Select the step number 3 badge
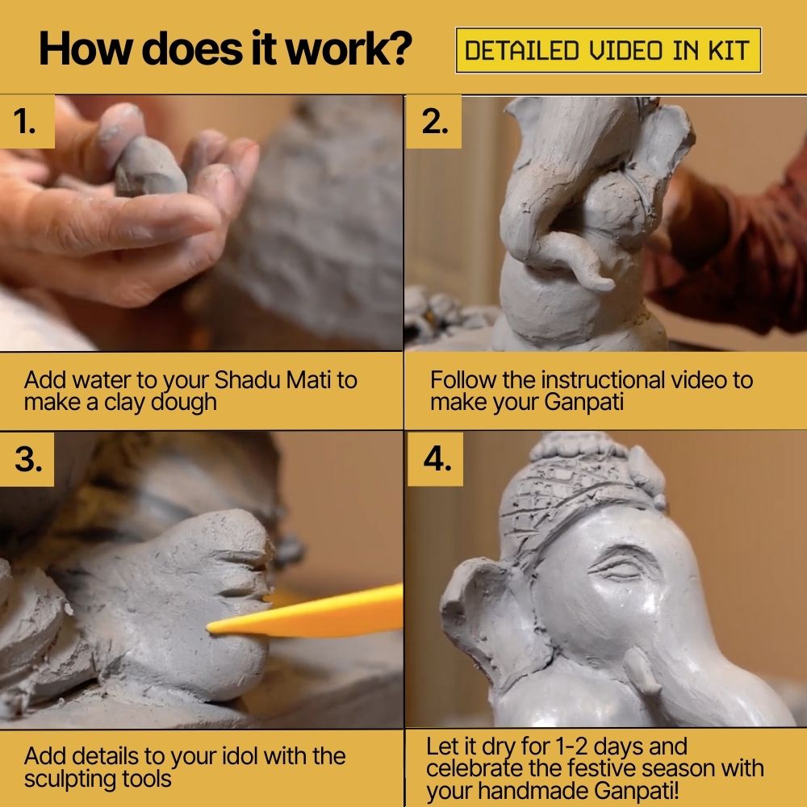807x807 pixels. coord(27,458)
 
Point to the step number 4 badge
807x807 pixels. coord(436,458)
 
